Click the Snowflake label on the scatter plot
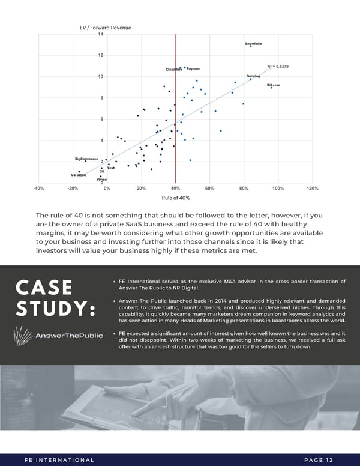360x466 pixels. [x=253, y=44]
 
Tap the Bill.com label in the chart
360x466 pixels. [x=274, y=85]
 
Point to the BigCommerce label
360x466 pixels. [x=86, y=159]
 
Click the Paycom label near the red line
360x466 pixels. [x=193, y=69]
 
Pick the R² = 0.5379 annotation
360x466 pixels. [x=278, y=67]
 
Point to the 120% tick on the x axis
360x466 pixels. [x=312, y=188]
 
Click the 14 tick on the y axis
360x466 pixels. [x=101, y=34]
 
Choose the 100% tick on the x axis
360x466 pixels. [x=278, y=188]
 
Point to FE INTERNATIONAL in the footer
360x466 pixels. [x=59, y=460]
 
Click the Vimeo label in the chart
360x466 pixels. [x=102, y=180]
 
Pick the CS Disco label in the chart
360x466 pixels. [x=78, y=175]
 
